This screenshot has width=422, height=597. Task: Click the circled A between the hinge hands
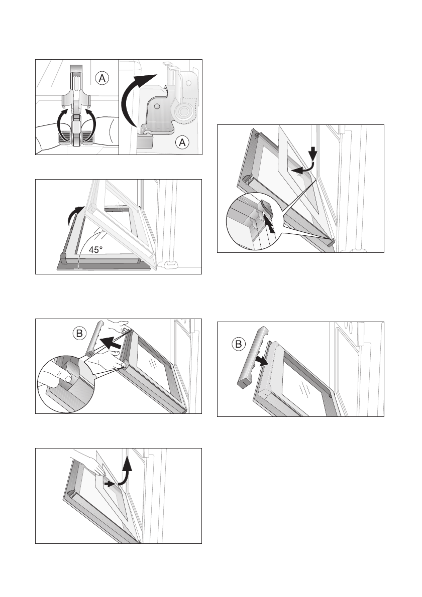coord(102,78)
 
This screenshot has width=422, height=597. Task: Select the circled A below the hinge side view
coord(182,142)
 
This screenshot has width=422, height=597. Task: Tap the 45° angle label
coord(95,250)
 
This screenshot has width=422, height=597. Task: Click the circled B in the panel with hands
coord(79,334)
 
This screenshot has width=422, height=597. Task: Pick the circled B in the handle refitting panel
coord(238,345)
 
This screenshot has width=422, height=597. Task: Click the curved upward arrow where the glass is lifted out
coord(126,472)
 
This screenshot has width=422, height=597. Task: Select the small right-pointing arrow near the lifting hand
coord(110,484)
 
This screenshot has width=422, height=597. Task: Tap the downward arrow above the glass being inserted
coord(313,154)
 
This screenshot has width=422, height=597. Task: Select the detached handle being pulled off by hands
coord(94,339)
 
